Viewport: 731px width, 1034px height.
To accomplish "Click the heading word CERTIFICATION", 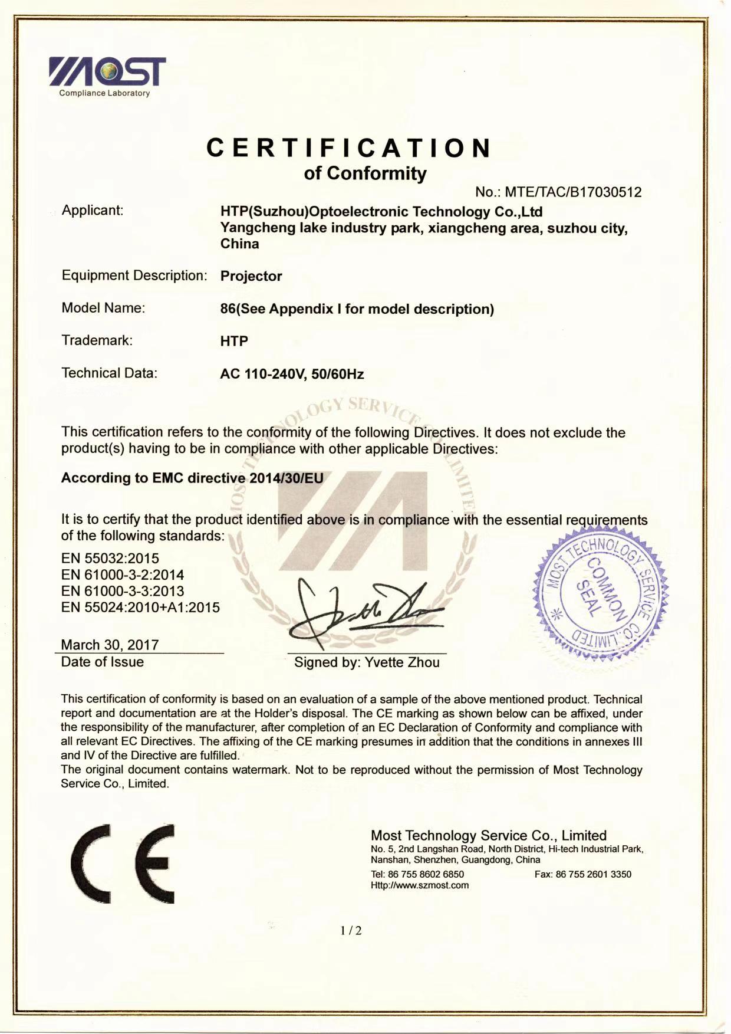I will pos(348,147).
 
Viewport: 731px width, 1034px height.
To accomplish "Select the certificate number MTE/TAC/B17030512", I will pos(573,192).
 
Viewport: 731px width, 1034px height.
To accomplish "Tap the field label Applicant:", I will pos(93,210).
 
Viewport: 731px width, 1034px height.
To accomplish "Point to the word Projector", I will pos(251,276).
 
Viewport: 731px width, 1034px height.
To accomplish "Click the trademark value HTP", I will pos(234,341).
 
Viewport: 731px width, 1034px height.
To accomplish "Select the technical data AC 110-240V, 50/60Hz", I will pos(292,374).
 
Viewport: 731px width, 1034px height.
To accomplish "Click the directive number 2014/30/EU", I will pos(287,478).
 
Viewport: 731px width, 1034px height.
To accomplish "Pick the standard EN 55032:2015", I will pos(110,558).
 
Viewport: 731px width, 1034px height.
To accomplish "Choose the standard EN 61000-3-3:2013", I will pos(123,591).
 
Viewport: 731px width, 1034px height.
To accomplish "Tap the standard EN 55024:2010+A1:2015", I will pos(140,608).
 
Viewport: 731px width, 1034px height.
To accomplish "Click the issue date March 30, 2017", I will pos(110,645).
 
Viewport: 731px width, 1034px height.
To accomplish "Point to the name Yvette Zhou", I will pos(402,662).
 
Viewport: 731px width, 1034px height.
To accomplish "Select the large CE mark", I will pos(123,863).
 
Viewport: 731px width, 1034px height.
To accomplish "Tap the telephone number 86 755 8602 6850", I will pos(426,874).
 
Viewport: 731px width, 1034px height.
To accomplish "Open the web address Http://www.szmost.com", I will pos(420,885).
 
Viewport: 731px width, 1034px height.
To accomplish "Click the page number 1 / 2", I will pos(351,931).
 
